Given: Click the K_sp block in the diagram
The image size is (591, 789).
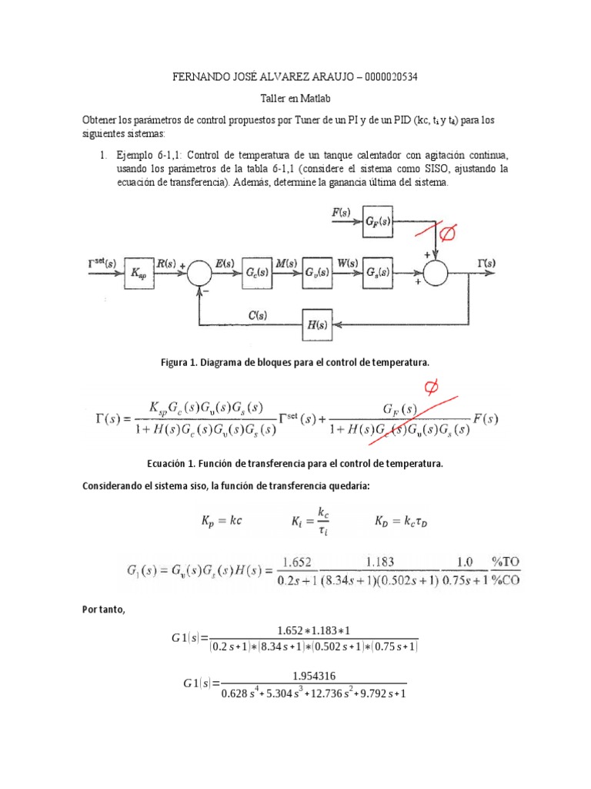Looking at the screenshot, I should pyautogui.click(x=137, y=273).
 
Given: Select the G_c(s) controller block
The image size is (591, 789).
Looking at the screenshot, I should pyautogui.click(x=255, y=273).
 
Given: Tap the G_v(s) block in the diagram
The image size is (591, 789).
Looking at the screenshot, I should pyautogui.click(x=317, y=273).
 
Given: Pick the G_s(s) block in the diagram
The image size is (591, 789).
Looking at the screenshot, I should pyautogui.click(x=377, y=273).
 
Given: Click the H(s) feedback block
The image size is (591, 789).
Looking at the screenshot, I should pyautogui.click(x=317, y=325).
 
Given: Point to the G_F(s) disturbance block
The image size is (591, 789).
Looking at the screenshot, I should pyautogui.click(x=377, y=222).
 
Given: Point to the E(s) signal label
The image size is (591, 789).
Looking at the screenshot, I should pyautogui.click(x=225, y=264).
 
